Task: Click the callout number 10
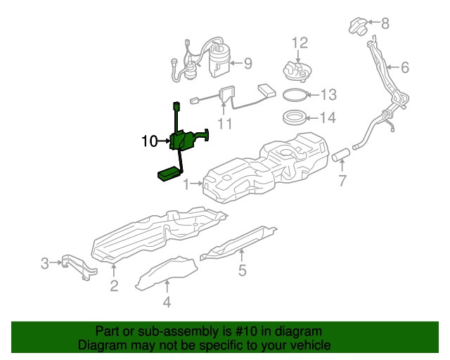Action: pos(149,141)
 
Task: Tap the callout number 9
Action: pos(247,63)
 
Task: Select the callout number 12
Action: pos(300,43)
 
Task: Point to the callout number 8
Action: pos(385,23)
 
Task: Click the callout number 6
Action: pos(404,68)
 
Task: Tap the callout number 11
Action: pos(225,124)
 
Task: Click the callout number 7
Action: pos(342,181)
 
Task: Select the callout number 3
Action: pos(44,264)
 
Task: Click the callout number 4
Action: pos(167,303)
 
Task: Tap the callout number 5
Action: pos(241,270)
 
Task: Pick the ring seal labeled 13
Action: pos(296,94)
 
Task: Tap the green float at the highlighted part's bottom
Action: pos(168,174)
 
